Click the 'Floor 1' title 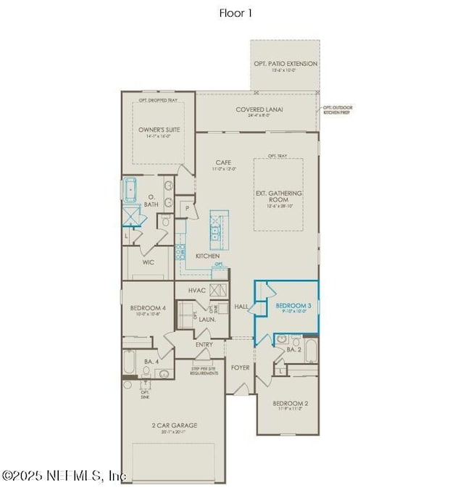tap(236, 12)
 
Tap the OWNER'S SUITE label tap(159, 130)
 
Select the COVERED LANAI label tap(259, 110)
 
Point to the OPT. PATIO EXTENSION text tap(285, 64)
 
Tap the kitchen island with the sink tap(217, 225)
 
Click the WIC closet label tap(148, 262)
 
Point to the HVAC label tap(196, 290)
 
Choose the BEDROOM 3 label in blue tap(293, 306)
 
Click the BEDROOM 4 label tap(147, 308)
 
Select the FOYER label tap(240, 368)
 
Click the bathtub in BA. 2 tap(311, 352)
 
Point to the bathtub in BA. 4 tap(129, 361)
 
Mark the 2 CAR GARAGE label tap(174, 426)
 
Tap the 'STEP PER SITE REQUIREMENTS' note tap(204, 371)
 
